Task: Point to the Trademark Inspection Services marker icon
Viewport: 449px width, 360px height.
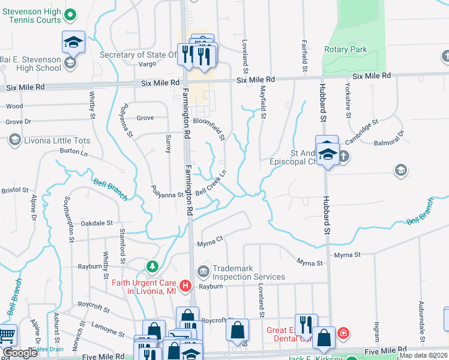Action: (203, 272)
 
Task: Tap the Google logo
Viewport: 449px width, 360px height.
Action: (20, 353)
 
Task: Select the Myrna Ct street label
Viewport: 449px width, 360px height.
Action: (210, 241)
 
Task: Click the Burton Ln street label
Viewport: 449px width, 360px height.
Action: (74, 152)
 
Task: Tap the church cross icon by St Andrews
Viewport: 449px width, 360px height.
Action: (343, 157)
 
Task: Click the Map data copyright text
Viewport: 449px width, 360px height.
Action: (424, 355)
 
